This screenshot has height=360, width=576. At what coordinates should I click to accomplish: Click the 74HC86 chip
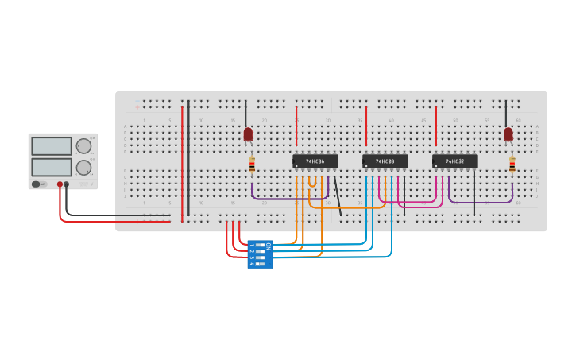(x=315, y=161)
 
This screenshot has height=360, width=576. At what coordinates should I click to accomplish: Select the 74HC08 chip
(x=385, y=161)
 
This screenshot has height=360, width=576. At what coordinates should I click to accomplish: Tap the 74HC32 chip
(x=455, y=161)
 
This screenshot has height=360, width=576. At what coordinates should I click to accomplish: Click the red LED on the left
(x=248, y=134)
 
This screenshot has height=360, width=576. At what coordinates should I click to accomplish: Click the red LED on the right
(x=508, y=134)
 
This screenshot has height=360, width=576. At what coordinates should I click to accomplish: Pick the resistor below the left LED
(x=252, y=165)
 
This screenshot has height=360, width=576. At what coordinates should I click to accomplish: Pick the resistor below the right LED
(x=512, y=165)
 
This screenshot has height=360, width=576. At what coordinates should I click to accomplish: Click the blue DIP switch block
(x=260, y=254)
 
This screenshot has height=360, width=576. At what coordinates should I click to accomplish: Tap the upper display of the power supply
(x=52, y=146)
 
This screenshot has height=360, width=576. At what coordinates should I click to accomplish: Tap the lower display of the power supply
(x=52, y=167)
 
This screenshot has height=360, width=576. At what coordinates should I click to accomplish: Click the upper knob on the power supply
(x=83, y=145)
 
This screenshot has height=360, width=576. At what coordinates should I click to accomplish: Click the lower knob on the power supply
(x=83, y=167)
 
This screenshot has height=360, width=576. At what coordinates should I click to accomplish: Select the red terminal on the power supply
(x=59, y=184)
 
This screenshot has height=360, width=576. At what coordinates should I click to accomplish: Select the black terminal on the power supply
(x=66, y=184)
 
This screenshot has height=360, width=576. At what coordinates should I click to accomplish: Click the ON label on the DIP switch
(x=268, y=246)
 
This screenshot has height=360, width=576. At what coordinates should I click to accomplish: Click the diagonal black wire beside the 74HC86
(x=338, y=196)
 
